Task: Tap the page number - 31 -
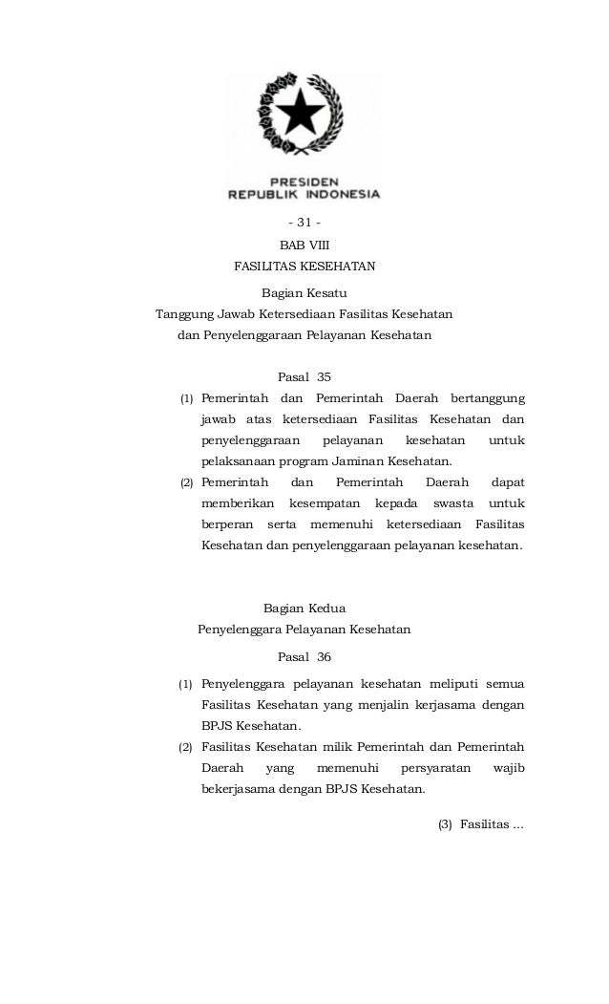click(x=304, y=225)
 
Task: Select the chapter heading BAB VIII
click(x=304, y=246)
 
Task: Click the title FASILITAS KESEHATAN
click(x=304, y=267)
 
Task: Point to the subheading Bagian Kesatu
click(x=304, y=293)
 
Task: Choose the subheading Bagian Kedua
click(x=304, y=608)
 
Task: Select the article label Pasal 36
click(x=304, y=657)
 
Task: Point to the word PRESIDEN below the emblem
click(x=304, y=180)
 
